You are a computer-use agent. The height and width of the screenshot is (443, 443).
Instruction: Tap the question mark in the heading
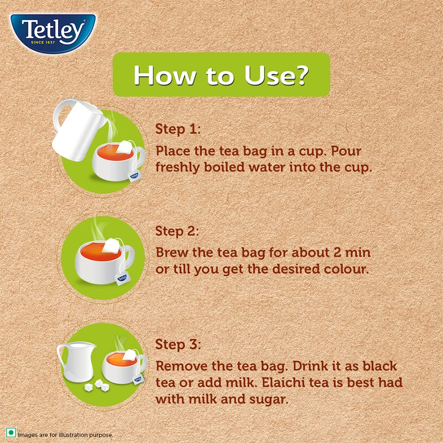pyautogui.click(x=299, y=75)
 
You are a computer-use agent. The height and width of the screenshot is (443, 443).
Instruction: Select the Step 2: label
pyautogui.click(x=178, y=231)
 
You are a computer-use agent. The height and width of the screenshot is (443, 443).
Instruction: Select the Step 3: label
pyautogui.click(x=178, y=344)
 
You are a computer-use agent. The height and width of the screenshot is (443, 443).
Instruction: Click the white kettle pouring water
pyautogui.click(x=75, y=131)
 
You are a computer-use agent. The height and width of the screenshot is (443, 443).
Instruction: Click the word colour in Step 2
pyautogui.click(x=345, y=269)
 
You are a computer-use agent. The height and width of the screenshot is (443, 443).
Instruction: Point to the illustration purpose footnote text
pyautogui.click(x=65, y=435)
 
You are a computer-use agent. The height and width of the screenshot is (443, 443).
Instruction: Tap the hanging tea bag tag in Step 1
pyautogui.click(x=134, y=177)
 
